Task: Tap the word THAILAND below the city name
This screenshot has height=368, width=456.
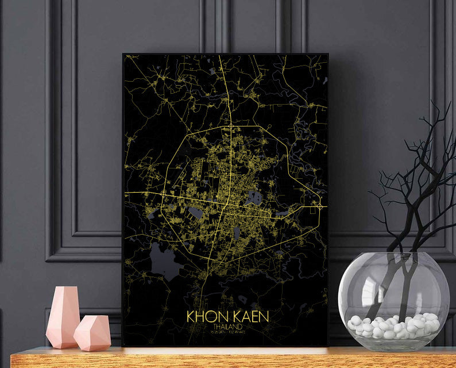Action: pyautogui.click(x=226, y=328)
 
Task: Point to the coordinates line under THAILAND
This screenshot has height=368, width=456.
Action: pyautogui.click(x=226, y=334)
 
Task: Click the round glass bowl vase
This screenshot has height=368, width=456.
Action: pyautogui.click(x=393, y=299)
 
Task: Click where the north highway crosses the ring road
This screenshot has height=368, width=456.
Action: pyautogui.click(x=230, y=125)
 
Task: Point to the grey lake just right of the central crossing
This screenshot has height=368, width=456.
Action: pyautogui.click(x=253, y=199)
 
